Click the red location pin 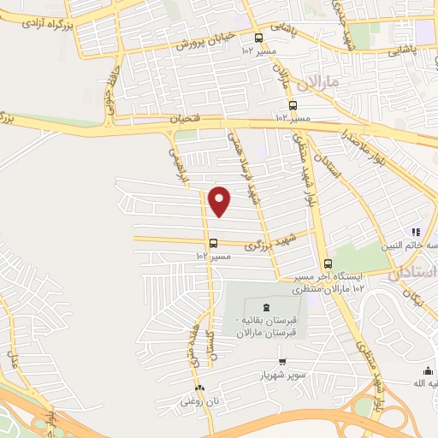(x=221, y=201)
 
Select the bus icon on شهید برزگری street (x=212, y=242)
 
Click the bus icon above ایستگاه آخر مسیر (x=328, y=263)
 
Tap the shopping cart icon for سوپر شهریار (x=282, y=362)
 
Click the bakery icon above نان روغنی (x=198, y=386)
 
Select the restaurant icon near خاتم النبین (x=415, y=231)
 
